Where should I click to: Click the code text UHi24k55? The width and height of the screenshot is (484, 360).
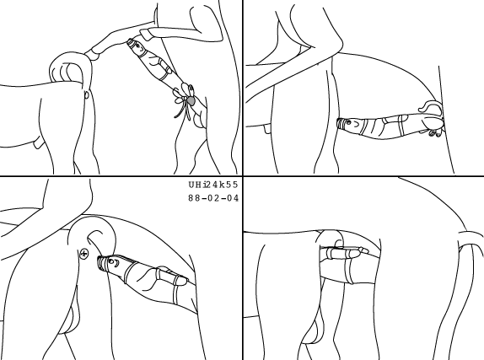(213, 185)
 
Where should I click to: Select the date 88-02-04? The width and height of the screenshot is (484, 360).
(213, 198)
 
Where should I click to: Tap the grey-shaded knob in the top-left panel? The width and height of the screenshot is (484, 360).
(191, 100)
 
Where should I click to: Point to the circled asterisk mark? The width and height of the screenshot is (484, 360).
(84, 254)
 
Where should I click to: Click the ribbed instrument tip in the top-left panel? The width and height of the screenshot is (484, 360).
(131, 42)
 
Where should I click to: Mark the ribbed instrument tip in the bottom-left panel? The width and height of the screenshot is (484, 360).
(102, 263)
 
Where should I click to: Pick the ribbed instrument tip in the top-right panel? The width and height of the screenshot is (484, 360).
(340, 123)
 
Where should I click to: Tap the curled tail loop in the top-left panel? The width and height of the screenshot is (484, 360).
(71, 68)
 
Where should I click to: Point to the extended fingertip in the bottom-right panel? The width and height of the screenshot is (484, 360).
(364, 250)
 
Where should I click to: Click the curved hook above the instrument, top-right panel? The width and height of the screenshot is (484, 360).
(429, 106)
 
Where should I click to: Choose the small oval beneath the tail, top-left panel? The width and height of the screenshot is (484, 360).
(87, 94)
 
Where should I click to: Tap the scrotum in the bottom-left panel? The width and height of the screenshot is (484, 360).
(70, 318)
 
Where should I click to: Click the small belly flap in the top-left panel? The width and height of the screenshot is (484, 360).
(38, 144)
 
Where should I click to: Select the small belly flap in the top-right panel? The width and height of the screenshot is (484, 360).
(267, 129)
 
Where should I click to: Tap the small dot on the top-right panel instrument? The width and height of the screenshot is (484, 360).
(348, 122)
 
